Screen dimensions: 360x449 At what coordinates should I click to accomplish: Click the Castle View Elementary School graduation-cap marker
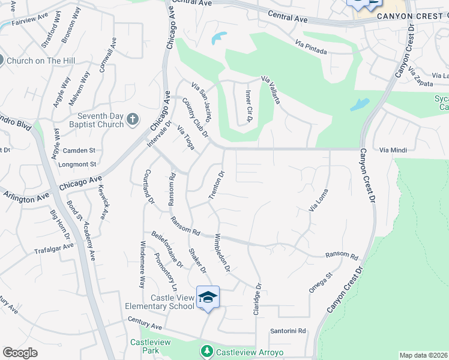tap(208, 298)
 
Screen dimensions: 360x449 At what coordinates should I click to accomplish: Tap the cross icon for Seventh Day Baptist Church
tap(133, 121)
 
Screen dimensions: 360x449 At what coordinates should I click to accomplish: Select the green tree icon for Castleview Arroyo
tap(207, 350)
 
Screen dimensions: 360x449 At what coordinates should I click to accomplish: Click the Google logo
tap(20, 353)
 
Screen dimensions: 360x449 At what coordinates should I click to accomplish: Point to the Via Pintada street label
tap(311, 47)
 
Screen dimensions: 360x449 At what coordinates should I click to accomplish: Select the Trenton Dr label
tap(216, 185)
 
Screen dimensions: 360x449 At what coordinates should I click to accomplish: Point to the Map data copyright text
tap(423, 355)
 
